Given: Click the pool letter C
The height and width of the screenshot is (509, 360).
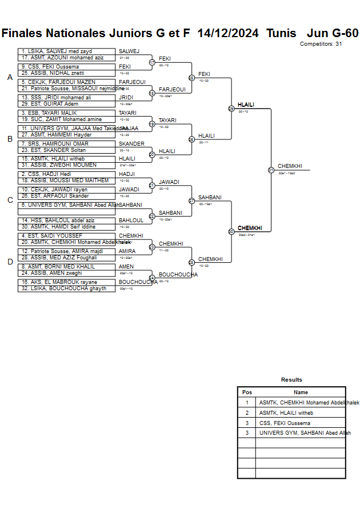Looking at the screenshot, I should pos(10,200).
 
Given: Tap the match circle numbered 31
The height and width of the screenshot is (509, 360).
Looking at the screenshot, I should pos(271,170).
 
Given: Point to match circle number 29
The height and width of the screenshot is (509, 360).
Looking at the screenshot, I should pos(231,109).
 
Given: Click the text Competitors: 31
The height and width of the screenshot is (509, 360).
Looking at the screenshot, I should pos(321,44).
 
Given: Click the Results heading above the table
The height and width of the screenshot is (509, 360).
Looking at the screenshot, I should pos(291,379).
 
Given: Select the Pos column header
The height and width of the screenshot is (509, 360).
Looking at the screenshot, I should pos(247,392).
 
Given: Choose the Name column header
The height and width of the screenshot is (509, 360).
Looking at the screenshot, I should pos(301,392).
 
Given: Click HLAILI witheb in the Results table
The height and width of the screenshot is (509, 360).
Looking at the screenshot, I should pos(286,412).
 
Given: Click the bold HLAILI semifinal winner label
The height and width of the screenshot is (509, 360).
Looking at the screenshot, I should pos(246,105).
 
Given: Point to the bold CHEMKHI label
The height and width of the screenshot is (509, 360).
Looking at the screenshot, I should pos(250,228).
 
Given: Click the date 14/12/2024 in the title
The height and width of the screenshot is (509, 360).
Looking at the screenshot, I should pos(227,33).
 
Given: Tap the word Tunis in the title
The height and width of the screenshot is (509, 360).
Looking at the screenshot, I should pos(281,33).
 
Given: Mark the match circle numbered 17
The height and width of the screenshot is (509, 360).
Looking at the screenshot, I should pos(152,62).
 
